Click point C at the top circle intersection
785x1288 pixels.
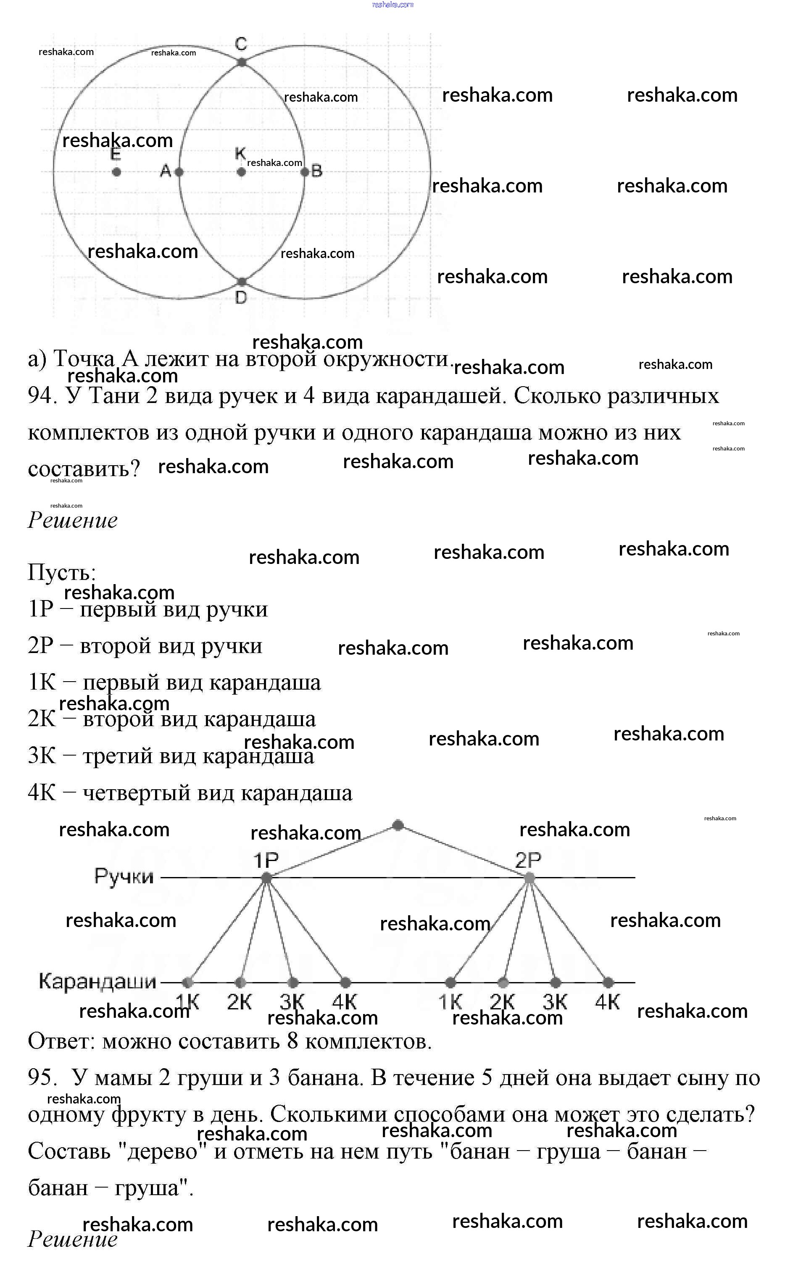click(242, 62)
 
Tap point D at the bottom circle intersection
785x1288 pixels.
click(242, 282)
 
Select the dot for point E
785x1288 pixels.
click(116, 171)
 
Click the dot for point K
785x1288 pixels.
click(241, 171)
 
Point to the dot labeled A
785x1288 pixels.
click(179, 171)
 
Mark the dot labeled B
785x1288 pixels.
click(305, 171)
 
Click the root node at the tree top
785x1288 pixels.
click(398, 825)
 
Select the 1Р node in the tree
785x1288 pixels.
click(266, 878)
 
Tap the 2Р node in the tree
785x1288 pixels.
click(529, 878)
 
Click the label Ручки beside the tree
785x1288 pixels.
click(124, 877)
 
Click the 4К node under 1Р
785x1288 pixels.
click(345, 983)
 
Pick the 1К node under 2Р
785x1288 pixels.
click(450, 983)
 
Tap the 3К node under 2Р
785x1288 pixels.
click(556, 983)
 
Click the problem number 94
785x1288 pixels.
click(41, 396)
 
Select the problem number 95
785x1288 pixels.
click(41, 1078)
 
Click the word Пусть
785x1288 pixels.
click(61, 572)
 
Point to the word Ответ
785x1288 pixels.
click(61, 1041)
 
